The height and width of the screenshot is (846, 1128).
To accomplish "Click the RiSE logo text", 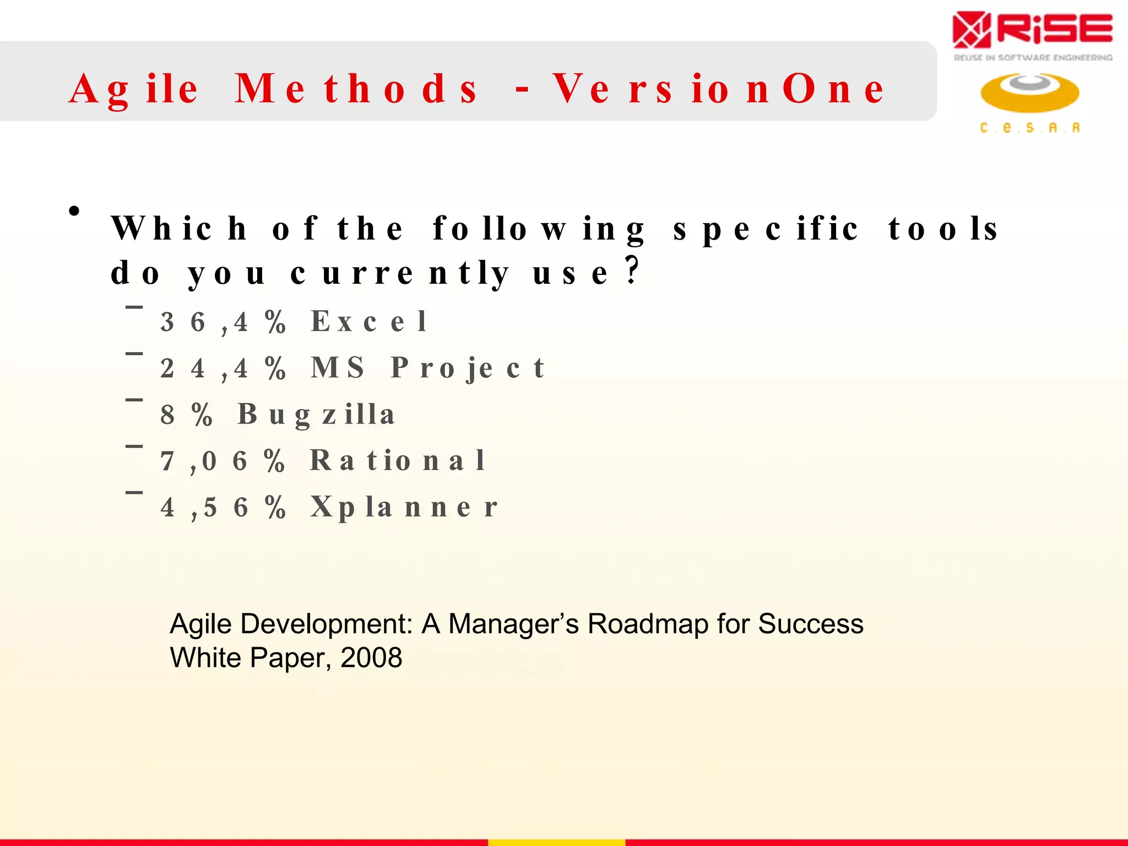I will pos(1054,30).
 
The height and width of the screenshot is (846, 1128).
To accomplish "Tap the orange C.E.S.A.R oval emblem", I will pos(1029,92).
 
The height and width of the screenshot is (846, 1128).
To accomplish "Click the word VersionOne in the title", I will pos(719,89).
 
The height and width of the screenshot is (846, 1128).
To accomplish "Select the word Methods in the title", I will pos(356,89).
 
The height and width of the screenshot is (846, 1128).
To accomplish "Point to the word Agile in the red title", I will pos(134,89).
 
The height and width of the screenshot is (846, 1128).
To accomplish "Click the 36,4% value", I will pos(223,322).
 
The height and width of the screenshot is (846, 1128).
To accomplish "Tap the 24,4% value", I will pos(223,368).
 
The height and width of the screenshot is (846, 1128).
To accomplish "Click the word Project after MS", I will pos(468,368).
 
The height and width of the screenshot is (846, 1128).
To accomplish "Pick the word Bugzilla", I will pos(316,415).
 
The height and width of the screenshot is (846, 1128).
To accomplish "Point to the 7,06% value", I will pos(223,461).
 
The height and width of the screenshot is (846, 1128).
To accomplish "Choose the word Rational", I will pos(397,460).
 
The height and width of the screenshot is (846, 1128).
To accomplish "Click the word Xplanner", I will pos(404,507).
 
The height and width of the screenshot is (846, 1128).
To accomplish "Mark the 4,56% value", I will pos(223,507).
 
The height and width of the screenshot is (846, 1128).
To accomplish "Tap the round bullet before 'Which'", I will pos(74,211).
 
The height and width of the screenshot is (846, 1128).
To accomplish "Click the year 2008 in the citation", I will pos(371,658).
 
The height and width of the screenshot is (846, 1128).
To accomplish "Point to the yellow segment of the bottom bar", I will pos(556,842).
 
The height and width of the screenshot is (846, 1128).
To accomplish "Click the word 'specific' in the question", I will pos(766,229).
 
